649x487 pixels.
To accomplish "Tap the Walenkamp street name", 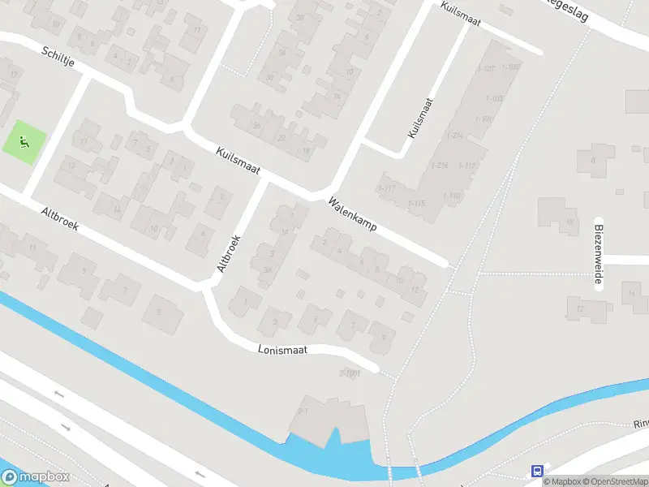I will click(352, 215).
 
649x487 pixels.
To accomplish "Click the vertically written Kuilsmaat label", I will click(422, 119).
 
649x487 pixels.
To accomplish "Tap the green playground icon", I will click(23, 142).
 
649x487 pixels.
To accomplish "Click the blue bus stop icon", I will click(536, 471).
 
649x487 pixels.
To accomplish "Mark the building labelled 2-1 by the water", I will click(304, 412).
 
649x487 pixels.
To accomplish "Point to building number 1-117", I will click(386, 188).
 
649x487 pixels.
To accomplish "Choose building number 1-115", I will click(416, 203).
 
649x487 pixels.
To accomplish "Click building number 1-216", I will click(441, 166).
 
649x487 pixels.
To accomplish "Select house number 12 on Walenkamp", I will click(415, 290).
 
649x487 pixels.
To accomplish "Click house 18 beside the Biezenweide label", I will click(570, 222).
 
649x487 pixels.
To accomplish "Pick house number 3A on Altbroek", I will click(267, 271).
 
